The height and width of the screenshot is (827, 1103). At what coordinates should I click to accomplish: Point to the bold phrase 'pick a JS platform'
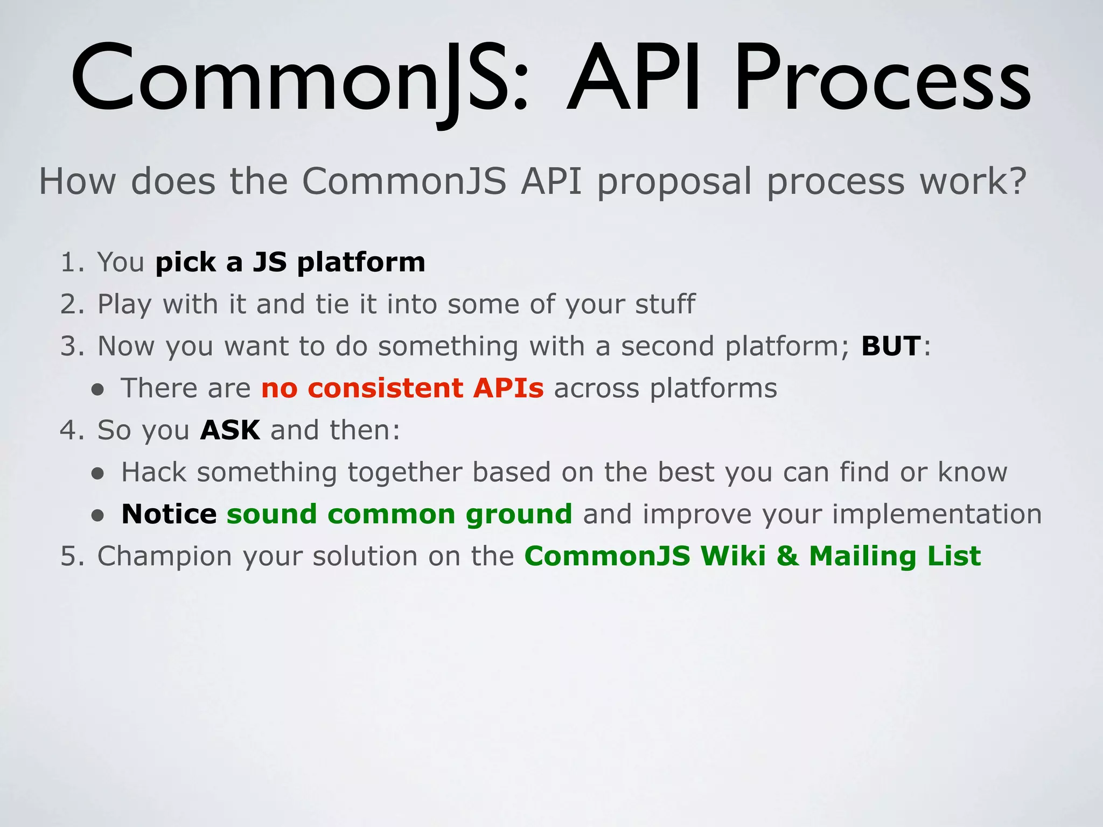coord(290,263)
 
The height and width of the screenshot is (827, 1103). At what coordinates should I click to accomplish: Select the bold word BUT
coord(891,346)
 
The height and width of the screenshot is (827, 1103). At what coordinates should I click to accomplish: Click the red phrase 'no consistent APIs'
coord(402,388)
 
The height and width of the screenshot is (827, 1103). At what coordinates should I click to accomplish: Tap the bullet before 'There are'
coord(97,390)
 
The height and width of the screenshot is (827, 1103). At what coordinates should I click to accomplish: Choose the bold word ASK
coord(230,430)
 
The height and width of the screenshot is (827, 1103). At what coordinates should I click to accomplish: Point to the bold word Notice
coord(169,514)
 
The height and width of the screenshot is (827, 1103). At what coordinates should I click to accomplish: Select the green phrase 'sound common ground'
coord(399,515)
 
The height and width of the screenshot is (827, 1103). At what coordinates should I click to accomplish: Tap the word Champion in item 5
coord(164,557)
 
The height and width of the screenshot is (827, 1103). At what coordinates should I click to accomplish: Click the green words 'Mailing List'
coord(895,557)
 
